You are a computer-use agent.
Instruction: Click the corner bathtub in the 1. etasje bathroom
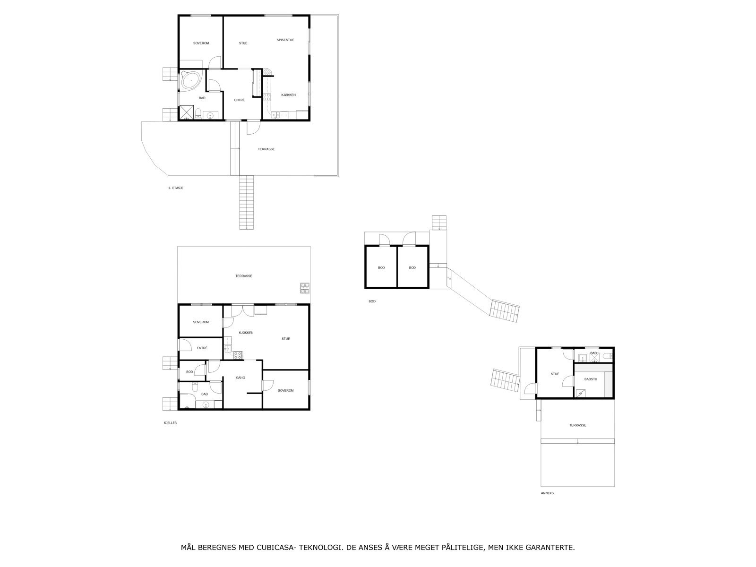coord(191,81)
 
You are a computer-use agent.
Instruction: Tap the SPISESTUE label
coord(285,40)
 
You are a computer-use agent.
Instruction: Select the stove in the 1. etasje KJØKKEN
coord(266,97)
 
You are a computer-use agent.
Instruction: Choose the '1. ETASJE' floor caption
coord(176,188)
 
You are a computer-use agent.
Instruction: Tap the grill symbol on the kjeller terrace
coord(304,287)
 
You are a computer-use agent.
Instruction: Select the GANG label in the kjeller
coord(241,378)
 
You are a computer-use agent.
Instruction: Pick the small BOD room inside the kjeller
coord(189,372)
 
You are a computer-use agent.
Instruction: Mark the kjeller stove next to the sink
coord(238,354)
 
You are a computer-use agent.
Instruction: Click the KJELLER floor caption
coord(170,423)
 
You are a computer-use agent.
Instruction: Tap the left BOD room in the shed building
coord(381,268)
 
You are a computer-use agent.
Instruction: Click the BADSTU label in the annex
coord(591,379)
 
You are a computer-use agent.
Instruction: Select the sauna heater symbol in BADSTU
coord(579,393)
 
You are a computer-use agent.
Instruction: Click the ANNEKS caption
coord(547,493)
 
